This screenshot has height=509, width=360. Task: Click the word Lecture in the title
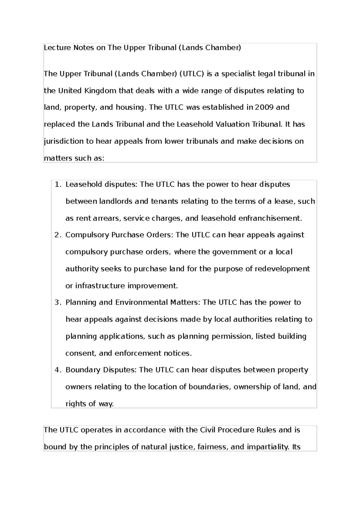click(54, 48)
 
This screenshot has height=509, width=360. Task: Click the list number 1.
click(58, 184)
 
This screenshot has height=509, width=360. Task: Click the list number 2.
click(58, 235)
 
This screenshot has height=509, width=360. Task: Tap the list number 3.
click(58, 302)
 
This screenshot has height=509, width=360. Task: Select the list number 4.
click(58, 370)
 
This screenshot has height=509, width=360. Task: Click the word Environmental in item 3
click(141, 302)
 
